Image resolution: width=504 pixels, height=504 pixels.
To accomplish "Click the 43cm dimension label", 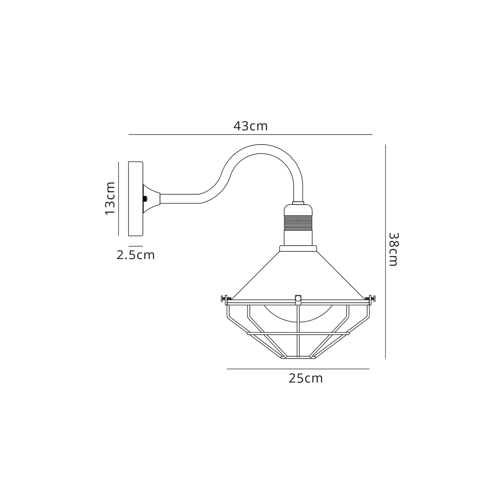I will (x=250, y=126).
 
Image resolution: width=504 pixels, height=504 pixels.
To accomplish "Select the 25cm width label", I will (x=305, y=379).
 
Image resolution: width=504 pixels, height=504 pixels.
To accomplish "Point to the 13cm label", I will (x=110, y=198).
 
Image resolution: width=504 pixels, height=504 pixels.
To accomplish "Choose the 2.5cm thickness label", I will (x=136, y=255).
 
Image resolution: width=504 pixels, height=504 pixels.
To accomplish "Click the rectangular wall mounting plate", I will (x=135, y=199).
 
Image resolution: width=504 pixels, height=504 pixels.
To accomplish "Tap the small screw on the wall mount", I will (x=145, y=199).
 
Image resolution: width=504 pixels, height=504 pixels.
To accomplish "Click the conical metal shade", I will (x=298, y=276).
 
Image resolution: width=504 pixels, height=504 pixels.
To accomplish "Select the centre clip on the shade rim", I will (x=298, y=299).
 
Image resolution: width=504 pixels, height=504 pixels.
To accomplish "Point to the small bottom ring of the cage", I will (x=298, y=358).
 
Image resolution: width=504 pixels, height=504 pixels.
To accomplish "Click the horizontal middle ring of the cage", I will (x=298, y=333).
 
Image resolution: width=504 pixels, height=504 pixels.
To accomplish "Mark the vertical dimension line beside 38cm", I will (x=385, y=250).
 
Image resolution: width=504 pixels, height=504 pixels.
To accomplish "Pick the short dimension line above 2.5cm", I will (x=136, y=246).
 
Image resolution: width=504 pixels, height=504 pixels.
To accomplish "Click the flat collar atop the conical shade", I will (x=298, y=248).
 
